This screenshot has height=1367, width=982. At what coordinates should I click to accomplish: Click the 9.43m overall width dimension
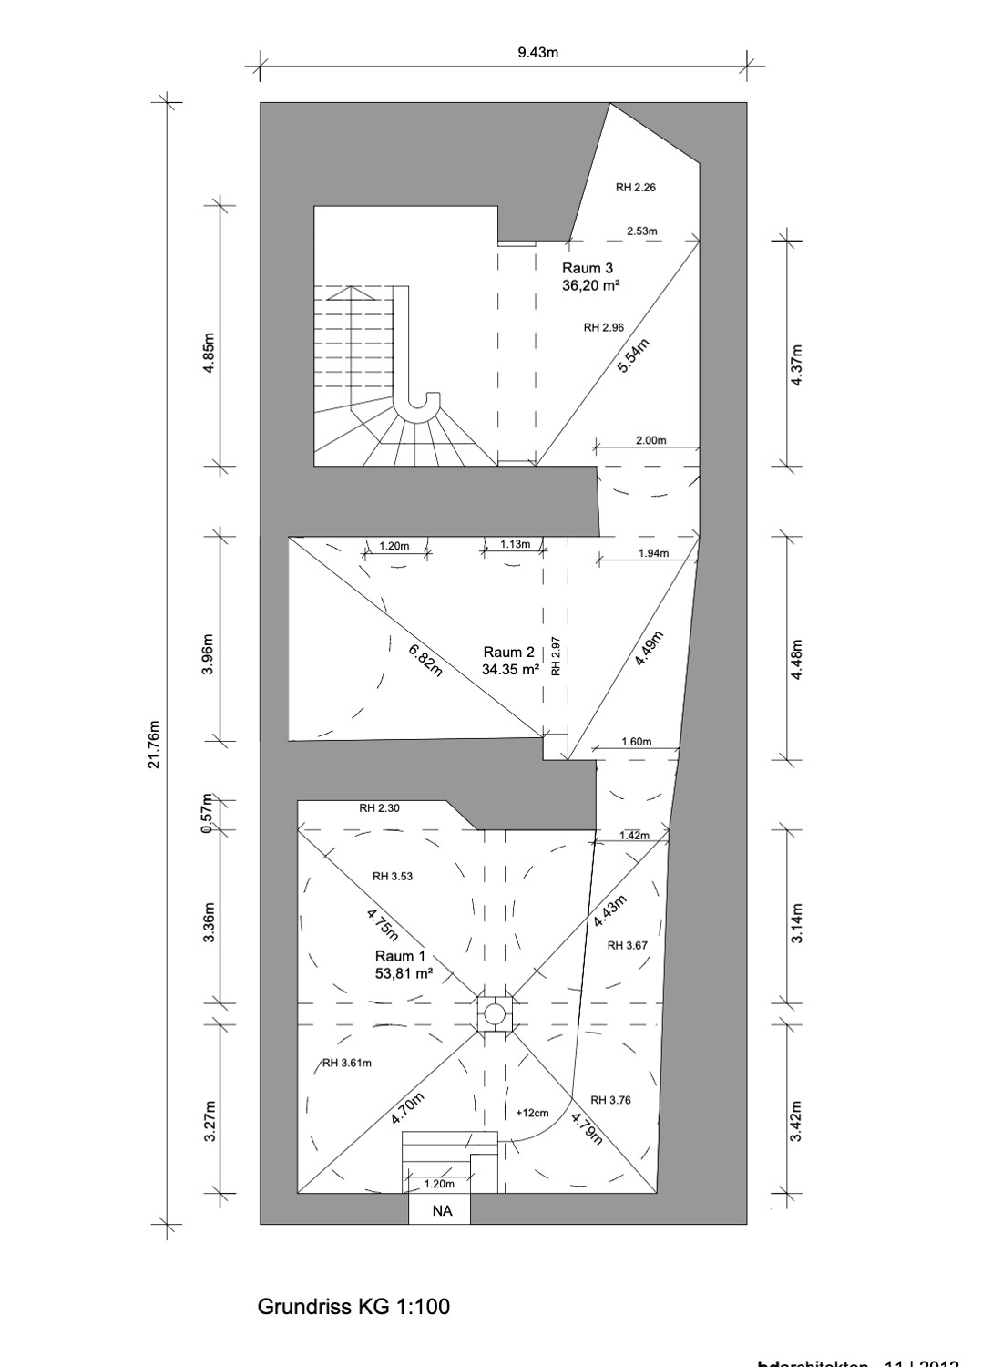click(537, 53)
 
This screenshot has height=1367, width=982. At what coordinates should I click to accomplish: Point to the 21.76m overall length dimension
click(154, 744)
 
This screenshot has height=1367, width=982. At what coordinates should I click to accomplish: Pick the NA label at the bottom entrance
click(441, 1211)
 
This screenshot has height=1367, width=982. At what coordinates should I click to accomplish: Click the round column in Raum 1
click(495, 1013)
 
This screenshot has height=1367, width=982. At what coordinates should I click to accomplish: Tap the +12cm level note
click(532, 1113)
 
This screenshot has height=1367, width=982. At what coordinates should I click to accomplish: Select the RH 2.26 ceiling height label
click(635, 188)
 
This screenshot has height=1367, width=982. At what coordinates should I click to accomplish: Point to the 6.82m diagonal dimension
click(425, 661)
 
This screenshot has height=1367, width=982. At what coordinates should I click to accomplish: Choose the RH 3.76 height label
click(610, 1100)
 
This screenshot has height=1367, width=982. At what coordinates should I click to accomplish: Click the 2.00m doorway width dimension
click(650, 440)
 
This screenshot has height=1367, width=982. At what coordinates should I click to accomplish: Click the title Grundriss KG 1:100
click(353, 1307)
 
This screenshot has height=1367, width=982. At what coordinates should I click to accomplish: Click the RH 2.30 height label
click(379, 807)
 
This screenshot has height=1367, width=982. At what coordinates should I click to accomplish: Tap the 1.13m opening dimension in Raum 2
click(515, 544)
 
